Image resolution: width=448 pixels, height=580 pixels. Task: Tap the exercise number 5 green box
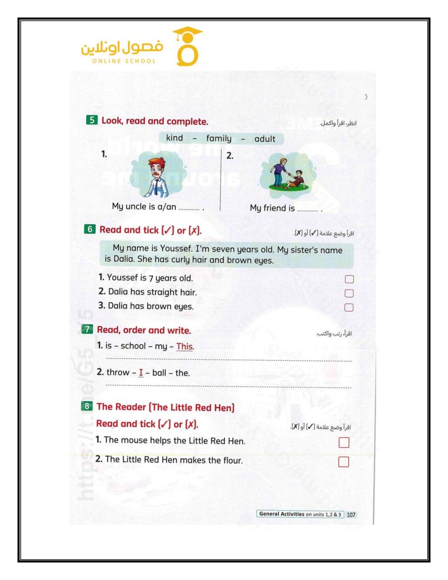(x=92, y=120)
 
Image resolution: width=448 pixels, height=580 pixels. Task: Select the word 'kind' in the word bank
(x=174, y=138)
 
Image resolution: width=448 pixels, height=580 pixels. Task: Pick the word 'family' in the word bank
(x=218, y=139)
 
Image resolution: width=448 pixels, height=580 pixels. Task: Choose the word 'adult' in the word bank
(x=265, y=139)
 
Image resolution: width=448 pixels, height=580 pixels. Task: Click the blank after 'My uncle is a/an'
(x=189, y=208)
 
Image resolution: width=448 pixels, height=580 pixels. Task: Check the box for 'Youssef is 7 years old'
(x=349, y=279)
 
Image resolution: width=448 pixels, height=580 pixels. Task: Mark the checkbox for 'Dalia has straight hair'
(x=349, y=293)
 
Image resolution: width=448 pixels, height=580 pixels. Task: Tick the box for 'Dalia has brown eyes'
(x=348, y=307)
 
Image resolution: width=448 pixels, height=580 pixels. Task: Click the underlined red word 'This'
(x=184, y=347)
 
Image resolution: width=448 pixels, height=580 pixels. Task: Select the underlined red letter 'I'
(x=141, y=373)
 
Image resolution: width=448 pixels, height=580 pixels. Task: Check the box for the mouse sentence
(x=344, y=442)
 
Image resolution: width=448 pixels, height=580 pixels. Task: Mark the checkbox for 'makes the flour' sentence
(x=344, y=462)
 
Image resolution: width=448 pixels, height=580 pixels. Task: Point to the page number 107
(x=351, y=515)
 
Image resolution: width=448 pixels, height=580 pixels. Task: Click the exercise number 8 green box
(x=87, y=406)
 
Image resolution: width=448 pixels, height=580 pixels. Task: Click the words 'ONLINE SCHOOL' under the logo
(x=124, y=61)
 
